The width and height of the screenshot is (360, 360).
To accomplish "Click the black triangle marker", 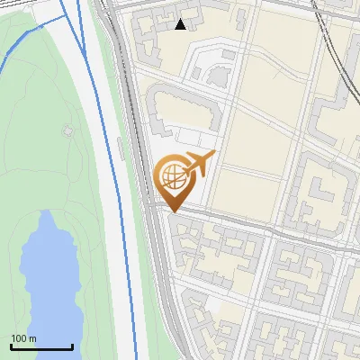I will tap(181, 24).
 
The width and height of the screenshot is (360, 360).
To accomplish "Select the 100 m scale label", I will tap(23, 338).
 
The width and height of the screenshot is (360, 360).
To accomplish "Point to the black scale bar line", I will tap(41, 346).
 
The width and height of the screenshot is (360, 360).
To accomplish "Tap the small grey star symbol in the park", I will tap(67, 131).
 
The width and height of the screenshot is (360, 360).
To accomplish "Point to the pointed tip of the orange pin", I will tap(173, 211).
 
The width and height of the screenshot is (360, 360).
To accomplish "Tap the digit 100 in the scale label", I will tap(19, 338).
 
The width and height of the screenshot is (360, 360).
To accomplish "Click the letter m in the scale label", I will tap(32, 338).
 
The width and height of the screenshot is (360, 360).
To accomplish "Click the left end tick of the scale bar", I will tap(11, 346).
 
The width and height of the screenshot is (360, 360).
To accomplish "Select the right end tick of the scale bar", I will tap(72, 346).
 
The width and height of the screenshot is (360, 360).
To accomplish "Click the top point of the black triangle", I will tap(181, 19).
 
